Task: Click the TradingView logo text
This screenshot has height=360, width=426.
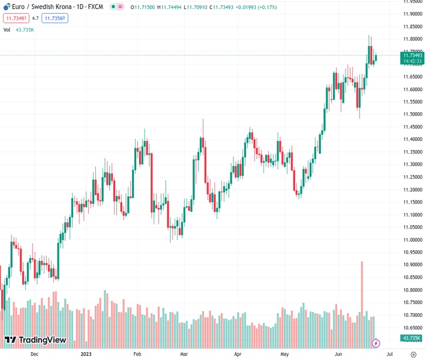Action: [42, 340]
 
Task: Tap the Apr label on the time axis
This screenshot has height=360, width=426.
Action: [238, 354]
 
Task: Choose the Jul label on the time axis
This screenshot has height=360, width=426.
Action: [389, 354]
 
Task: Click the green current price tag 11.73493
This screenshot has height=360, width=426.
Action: [412, 55]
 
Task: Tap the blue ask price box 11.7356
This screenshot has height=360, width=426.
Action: [55, 18]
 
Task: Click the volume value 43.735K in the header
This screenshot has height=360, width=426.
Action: [25, 29]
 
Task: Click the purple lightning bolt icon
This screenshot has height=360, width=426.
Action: [376, 343]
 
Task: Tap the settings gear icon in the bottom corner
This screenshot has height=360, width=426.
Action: [413, 354]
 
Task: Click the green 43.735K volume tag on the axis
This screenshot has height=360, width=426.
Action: [412, 338]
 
